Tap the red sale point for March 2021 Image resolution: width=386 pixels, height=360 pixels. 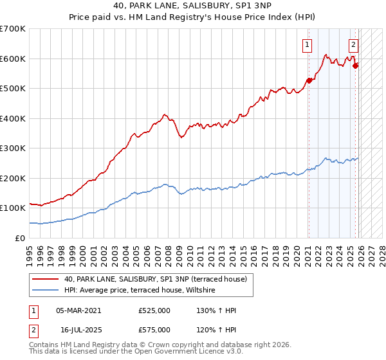coord(309,80)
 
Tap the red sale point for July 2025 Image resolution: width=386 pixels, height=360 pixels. coord(356,65)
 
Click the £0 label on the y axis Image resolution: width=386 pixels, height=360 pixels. coord(19,238)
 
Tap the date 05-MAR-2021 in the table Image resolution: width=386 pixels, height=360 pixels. coord(78,310)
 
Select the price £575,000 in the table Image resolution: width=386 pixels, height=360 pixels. coord(154,330)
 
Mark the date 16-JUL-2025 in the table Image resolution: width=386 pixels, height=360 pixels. coord(78,330)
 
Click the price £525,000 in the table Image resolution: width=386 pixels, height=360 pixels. coord(154,310)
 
